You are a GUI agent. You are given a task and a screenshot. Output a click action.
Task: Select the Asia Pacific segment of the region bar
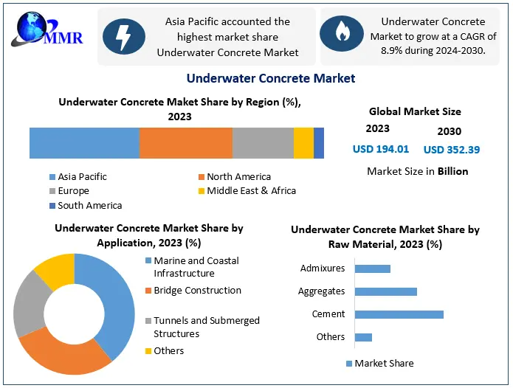[84, 143]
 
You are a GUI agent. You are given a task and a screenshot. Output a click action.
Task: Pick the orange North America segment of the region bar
[186, 143]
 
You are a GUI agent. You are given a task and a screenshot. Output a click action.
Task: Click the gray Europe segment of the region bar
[263, 143]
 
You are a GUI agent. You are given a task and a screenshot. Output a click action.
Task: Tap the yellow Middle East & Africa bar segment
[303, 143]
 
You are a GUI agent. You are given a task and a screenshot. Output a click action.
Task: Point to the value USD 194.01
[381, 149]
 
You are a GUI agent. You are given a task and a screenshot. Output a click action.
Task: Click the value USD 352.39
[452, 150]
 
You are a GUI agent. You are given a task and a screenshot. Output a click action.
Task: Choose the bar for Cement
[399, 314]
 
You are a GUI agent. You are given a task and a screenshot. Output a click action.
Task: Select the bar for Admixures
[373, 269]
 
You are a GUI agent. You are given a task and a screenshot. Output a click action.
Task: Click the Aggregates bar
[385, 291]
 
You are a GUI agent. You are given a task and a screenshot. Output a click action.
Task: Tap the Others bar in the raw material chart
[363, 337]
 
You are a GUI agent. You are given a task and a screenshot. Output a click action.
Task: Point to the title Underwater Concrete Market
[271, 78]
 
